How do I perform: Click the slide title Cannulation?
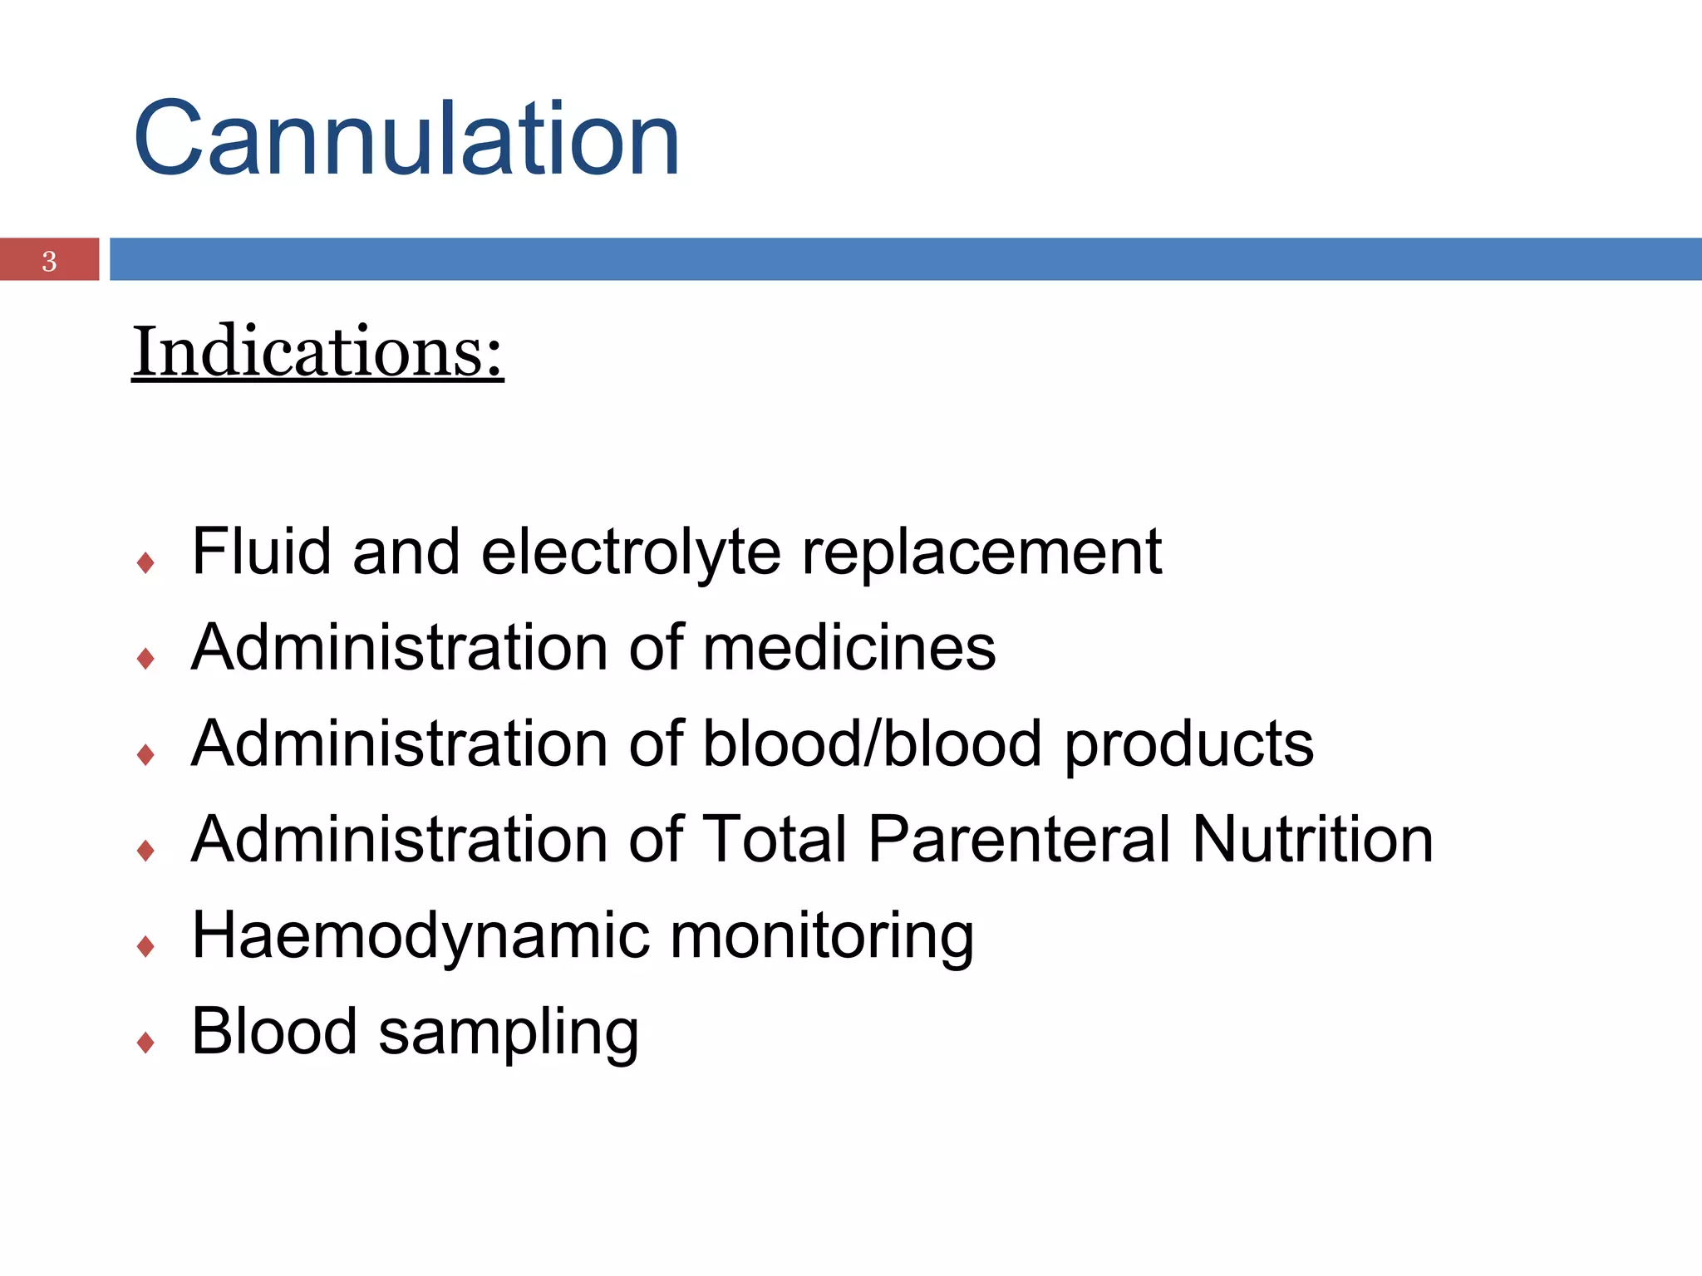pos(406,139)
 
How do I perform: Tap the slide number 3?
pos(49,261)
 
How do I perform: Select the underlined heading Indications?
pos(317,352)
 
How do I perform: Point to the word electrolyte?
pos(631,552)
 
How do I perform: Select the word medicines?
pos(849,647)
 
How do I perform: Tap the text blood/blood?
pos(872,743)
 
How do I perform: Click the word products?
pos(1189,744)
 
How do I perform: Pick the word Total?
pos(775,838)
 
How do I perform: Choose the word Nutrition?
pos(1312,838)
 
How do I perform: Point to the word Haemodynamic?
pos(421,936)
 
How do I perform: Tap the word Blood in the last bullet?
pos(274,1031)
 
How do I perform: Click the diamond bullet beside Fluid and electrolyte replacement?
pos(146,563)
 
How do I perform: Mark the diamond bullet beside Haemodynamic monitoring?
pos(146,946)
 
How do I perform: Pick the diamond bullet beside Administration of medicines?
pos(146,659)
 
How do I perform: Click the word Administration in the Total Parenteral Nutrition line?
pos(399,838)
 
